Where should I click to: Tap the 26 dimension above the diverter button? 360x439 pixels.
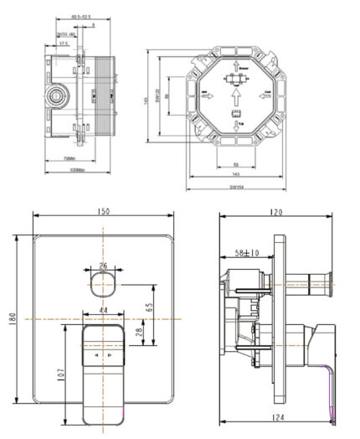(x=103, y=266)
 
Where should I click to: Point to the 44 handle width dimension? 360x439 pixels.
(x=103, y=311)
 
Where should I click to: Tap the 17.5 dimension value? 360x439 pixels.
(x=64, y=43)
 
